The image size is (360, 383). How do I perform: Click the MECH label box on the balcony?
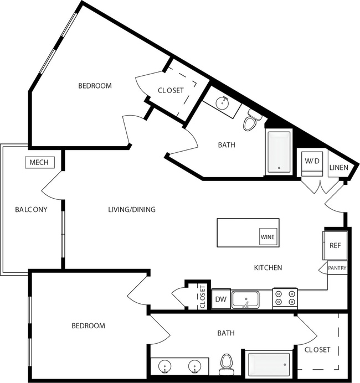pyautogui.click(x=39, y=163)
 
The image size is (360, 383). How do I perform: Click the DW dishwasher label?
pyautogui.click(x=220, y=299)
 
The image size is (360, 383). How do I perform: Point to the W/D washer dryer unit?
pyautogui.click(x=312, y=161)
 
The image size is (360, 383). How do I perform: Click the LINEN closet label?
pyautogui.click(x=339, y=168)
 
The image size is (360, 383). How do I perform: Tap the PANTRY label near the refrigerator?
pyautogui.click(x=337, y=268)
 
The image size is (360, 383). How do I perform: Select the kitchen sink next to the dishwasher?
pyautogui.click(x=248, y=300)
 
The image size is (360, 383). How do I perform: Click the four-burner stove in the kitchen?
pyautogui.click(x=285, y=299)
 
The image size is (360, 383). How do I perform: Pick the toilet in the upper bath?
pyautogui.click(x=252, y=122)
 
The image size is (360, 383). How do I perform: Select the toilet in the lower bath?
pyautogui.click(x=226, y=364)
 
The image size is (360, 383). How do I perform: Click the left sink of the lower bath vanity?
pyautogui.click(x=164, y=366)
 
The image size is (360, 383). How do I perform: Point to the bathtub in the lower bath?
pyautogui.click(x=268, y=366)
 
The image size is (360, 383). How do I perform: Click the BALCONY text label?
pyautogui.click(x=30, y=210)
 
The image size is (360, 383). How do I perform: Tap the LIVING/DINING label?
pyautogui.click(x=131, y=210)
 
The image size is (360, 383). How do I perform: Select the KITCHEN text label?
pyautogui.click(x=268, y=267)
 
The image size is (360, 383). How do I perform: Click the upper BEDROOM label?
pyautogui.click(x=95, y=86)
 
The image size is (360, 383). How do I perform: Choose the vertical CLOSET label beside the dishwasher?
pyautogui.click(x=202, y=297)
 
